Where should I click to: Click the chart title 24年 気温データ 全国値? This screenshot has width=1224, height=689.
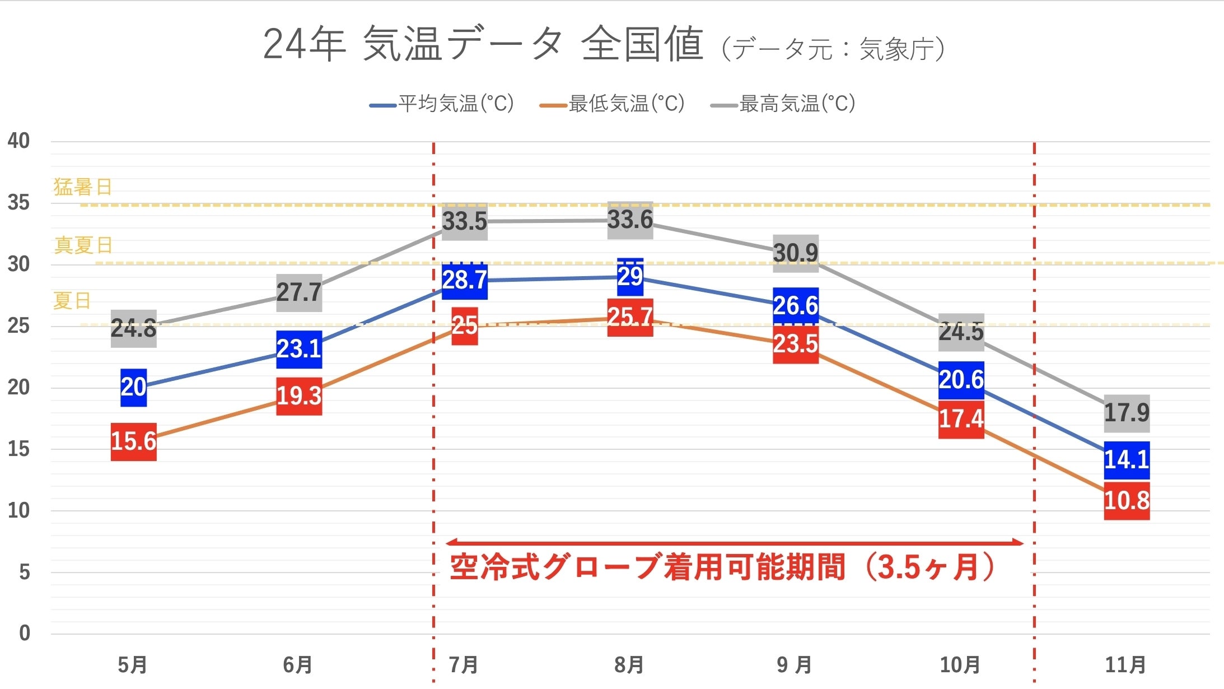click(483, 44)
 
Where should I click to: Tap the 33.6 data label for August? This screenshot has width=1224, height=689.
click(630, 220)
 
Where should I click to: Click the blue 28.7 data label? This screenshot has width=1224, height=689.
click(464, 280)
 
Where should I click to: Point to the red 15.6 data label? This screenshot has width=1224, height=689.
click(133, 442)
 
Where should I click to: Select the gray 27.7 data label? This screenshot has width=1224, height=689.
click(299, 292)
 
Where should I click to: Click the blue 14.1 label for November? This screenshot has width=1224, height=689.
click(1126, 460)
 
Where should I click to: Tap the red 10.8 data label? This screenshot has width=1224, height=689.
click(1126, 501)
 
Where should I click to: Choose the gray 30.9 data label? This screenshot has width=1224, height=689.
click(795, 253)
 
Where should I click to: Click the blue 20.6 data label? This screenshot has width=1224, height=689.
click(961, 380)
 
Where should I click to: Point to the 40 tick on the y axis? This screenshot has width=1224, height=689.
click(18, 141)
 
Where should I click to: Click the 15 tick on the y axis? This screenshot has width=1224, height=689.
click(18, 449)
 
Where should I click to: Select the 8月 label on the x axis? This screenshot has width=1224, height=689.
click(629, 665)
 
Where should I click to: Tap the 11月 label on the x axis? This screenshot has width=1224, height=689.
click(1125, 665)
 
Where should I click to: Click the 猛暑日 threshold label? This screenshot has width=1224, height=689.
click(83, 187)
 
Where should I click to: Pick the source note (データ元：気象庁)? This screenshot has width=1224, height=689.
click(833, 49)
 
